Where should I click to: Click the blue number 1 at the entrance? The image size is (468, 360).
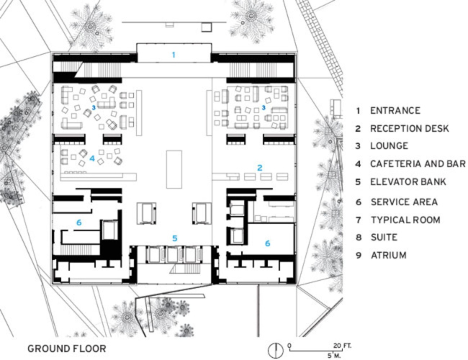point(173,55)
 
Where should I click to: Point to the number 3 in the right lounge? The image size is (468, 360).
point(264,107)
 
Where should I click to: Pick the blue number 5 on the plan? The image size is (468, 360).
point(173,238)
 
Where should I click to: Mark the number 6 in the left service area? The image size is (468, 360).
point(78,223)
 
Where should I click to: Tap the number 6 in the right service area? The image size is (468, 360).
point(268,243)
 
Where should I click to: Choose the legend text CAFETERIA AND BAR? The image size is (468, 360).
point(418,165)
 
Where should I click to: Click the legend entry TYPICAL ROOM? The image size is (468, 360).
point(405,219)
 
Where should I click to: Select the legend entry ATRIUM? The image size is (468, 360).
point(388,255)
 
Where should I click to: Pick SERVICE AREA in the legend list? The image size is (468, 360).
point(404,202)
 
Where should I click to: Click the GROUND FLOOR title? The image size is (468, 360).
point(66,348)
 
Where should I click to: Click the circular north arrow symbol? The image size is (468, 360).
point(274,349)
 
